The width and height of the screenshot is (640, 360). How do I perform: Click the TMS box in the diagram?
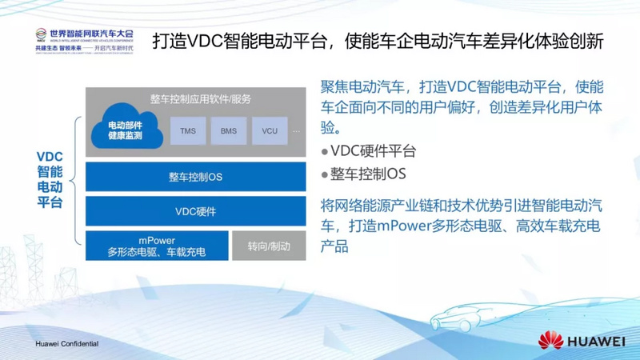(188, 130)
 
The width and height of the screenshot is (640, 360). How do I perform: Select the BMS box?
(229, 130)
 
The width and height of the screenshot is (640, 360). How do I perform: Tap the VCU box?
(270, 130)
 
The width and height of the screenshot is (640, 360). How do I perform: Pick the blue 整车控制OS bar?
(195, 177)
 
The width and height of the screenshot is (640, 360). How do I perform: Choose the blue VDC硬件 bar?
(195, 212)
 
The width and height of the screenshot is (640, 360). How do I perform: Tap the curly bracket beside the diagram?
(77, 183)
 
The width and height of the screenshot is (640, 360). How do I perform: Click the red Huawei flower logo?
(551, 341)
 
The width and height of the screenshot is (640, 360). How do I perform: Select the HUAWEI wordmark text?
(597, 342)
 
